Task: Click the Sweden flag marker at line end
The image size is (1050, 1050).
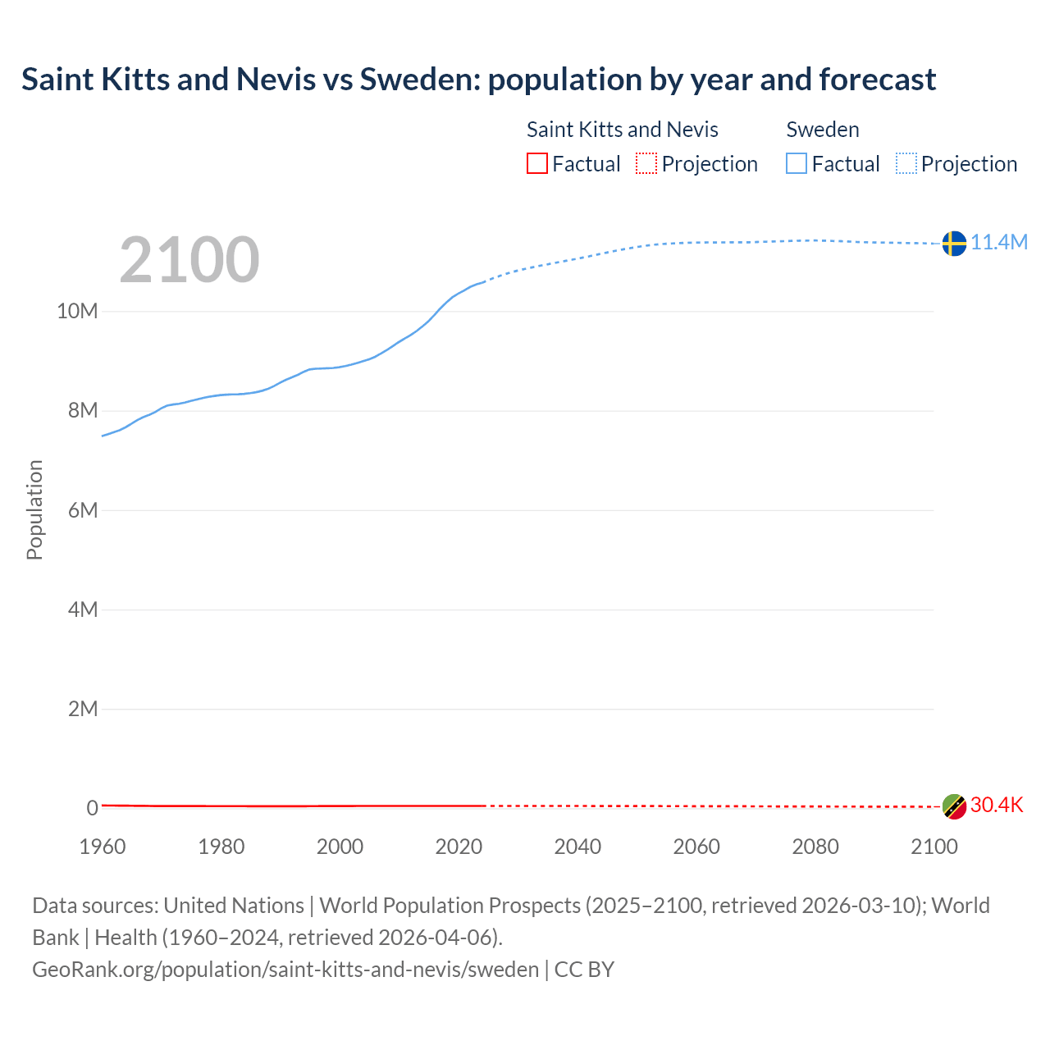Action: point(953,243)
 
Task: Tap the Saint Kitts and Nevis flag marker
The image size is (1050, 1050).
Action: point(953,806)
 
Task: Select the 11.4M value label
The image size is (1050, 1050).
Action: point(999,242)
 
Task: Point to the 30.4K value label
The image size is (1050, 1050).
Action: point(997,805)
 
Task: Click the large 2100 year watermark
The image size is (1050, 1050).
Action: point(189,260)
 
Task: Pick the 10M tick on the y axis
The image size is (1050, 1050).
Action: point(77,312)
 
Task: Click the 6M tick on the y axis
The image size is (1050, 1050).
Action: point(82,510)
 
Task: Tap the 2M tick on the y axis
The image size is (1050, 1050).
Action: point(82,709)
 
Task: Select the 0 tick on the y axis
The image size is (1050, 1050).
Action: point(92,808)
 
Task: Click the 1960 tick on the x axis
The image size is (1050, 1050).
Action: point(103,847)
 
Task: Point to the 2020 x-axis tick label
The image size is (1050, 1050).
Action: point(459,847)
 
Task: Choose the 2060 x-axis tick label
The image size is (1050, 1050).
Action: point(696,847)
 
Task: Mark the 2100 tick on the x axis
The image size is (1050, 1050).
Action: point(934,847)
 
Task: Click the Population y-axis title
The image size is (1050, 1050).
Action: point(34,509)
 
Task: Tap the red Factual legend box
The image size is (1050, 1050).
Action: point(536,164)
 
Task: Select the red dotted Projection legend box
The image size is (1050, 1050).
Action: point(646,164)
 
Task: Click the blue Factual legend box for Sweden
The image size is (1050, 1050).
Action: point(797,164)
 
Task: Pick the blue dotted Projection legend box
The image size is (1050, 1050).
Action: point(906,164)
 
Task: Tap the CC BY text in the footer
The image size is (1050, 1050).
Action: point(584,970)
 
